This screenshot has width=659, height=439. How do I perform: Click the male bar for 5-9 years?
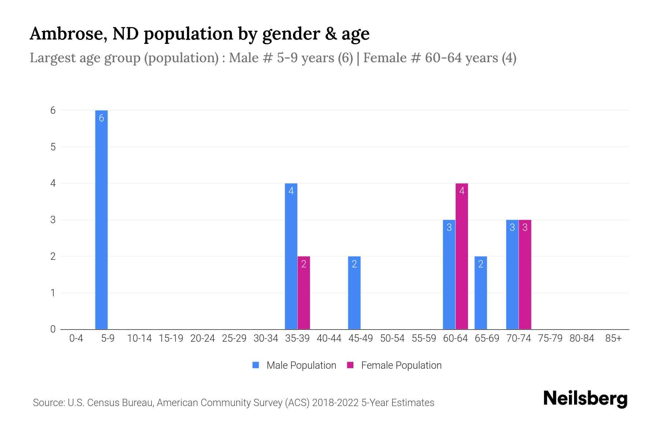pos(101,219)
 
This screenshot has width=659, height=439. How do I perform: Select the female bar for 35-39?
pos(304,293)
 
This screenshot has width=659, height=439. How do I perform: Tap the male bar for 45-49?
pos(354,293)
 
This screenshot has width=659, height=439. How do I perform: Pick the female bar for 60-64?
pos(462,256)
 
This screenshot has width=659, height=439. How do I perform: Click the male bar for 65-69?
pos(481,293)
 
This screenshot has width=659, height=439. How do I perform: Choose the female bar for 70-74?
pos(525,274)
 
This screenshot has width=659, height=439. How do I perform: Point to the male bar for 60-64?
pos(449,274)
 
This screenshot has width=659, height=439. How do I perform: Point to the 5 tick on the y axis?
pos(53,147)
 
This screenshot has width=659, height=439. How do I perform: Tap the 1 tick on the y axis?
pos(53,293)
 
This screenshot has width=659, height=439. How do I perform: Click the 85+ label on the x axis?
pos(613,338)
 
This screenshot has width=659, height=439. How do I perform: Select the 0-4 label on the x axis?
pos(76,338)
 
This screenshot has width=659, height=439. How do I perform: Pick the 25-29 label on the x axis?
pos(234,338)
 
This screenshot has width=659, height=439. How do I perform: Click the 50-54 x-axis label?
pos(392,338)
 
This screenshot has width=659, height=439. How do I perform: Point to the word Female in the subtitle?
pos(385,58)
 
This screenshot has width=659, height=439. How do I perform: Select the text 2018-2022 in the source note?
pos(335,403)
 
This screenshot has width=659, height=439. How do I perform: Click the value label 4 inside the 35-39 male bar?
pos(291,191)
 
